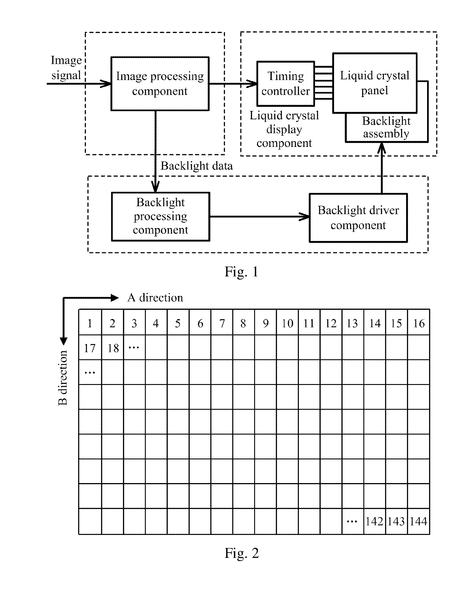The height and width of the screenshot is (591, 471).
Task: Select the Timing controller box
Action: pos(286,84)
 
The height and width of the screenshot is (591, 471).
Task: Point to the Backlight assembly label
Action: pos(386,127)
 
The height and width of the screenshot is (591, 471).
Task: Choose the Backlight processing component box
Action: pos(161,217)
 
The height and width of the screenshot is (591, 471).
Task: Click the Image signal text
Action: pos(66,67)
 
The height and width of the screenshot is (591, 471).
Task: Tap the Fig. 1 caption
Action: pos(241,272)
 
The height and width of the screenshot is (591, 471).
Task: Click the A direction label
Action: pos(155,298)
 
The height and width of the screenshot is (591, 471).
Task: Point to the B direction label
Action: pos(63,378)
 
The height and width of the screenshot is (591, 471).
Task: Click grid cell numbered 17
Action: pos(90,347)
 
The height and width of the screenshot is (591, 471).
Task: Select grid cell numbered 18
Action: pos(113,347)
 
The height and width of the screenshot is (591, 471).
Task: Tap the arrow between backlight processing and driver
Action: pos(260,217)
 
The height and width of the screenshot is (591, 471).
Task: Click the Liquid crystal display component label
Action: pos(284,129)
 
